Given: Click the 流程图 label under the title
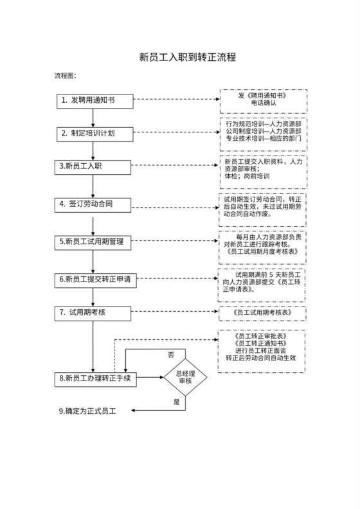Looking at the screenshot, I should click(65, 76).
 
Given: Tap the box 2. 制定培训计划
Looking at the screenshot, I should click(94, 133).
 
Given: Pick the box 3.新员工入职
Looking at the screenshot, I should click(94, 166).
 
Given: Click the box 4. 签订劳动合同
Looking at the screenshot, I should click(94, 204).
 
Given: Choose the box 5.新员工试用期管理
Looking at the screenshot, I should click(94, 242).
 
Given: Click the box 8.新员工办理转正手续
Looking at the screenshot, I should click(94, 379).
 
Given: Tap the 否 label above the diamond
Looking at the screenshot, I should click(171, 354).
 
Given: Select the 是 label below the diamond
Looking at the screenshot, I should click(177, 402).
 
